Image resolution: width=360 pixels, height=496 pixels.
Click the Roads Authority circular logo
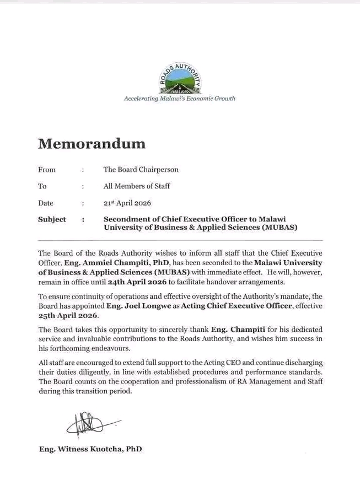click(180, 78)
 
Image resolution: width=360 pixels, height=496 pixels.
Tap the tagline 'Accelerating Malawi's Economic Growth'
click(180, 99)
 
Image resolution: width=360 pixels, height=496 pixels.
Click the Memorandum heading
click(92, 144)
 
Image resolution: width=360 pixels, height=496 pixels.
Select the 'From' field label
click(47, 170)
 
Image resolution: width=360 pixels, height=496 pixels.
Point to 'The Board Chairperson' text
click(141, 170)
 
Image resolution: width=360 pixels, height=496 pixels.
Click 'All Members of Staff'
click(136, 186)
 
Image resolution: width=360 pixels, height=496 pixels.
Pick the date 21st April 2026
click(127, 203)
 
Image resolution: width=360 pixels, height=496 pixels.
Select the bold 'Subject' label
click(52, 219)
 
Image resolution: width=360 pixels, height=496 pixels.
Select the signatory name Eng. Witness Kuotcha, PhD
click(90, 449)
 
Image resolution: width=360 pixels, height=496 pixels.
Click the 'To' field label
click(42, 186)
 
